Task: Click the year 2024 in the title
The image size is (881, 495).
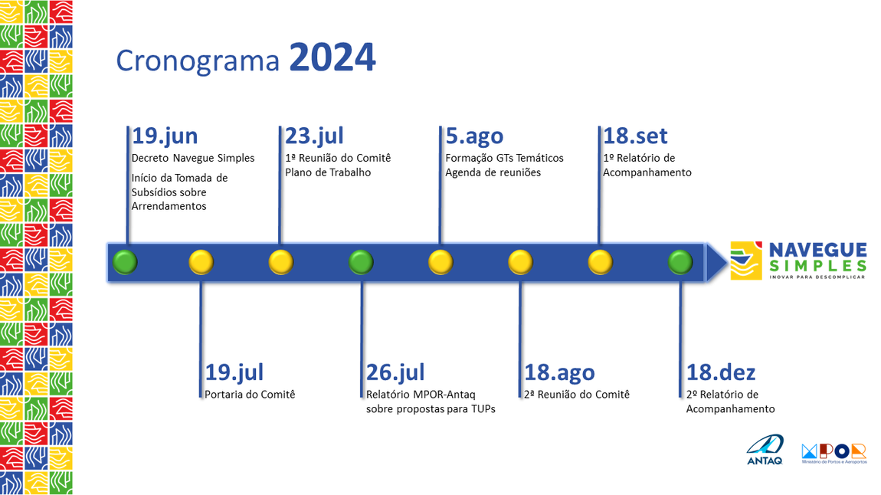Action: (332, 58)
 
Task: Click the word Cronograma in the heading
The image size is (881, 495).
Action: (198, 61)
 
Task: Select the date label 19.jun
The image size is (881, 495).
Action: (165, 136)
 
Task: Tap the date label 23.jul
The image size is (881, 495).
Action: (314, 136)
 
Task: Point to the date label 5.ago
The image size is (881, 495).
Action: (474, 136)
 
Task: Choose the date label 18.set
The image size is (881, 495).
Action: (635, 136)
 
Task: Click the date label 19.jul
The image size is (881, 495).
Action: (234, 372)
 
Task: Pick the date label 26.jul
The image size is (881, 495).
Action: (395, 372)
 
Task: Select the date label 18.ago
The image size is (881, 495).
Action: (559, 372)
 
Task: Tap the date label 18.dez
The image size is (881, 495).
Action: (721, 372)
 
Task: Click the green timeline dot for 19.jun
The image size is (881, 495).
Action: (125, 262)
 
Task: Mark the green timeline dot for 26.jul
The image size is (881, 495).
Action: (361, 262)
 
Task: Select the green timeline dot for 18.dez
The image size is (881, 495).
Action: (680, 262)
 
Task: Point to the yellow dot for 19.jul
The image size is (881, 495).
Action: (201, 262)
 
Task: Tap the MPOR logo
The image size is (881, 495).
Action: (834, 452)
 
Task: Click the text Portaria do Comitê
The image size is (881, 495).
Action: (250, 395)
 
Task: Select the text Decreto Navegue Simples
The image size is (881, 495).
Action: (193, 159)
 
